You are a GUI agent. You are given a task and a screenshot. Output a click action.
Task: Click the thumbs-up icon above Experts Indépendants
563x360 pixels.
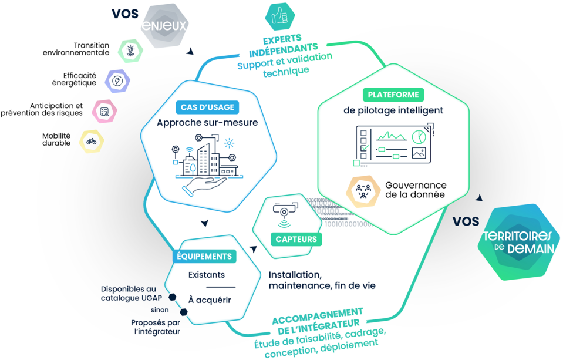click(279, 17)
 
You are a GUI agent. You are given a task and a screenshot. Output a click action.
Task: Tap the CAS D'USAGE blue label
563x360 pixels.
click(207, 107)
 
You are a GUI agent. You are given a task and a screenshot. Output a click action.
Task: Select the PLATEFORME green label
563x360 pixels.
click(393, 94)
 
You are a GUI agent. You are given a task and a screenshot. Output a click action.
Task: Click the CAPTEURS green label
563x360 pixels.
click(296, 238)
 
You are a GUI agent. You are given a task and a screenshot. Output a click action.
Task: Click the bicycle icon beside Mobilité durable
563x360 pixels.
click(91, 141)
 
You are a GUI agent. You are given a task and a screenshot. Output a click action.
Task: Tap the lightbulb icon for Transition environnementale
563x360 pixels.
click(130, 51)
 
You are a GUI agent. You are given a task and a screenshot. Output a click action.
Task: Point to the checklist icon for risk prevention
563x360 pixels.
click(104, 111)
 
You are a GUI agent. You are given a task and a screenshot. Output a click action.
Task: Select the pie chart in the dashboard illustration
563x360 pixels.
click(419, 137)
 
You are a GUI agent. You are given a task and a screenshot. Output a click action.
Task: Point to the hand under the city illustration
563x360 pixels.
click(204, 187)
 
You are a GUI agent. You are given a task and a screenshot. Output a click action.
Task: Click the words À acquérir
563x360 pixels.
click(210, 300)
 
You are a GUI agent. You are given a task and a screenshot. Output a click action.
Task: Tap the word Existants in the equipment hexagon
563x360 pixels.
click(206, 275)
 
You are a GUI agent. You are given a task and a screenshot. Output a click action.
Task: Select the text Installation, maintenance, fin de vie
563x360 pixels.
click(322, 280)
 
